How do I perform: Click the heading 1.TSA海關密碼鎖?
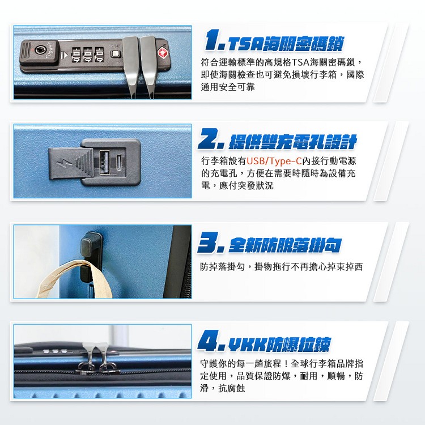(x=274, y=41)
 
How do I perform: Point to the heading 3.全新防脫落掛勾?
(x=270, y=245)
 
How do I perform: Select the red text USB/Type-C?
(x=274, y=161)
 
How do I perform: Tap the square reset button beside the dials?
(x=115, y=55)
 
